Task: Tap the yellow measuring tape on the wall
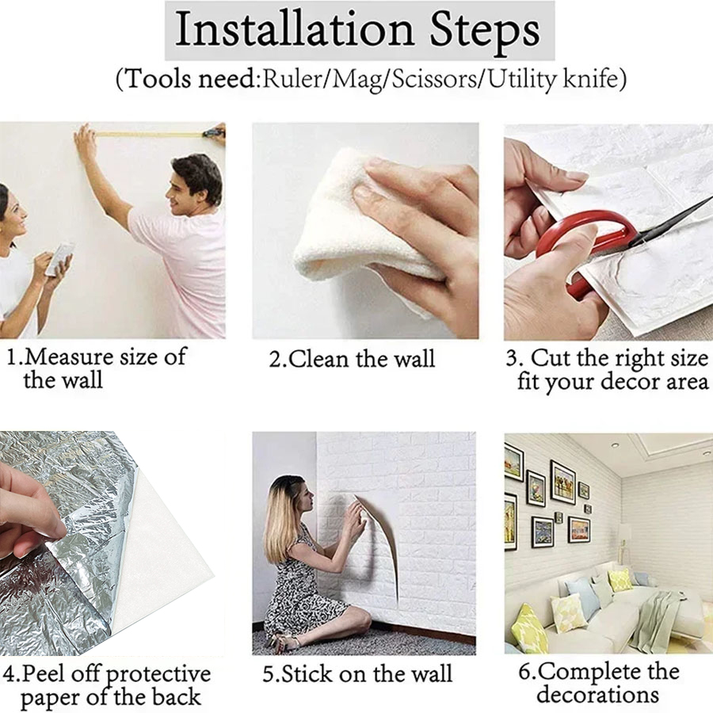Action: coord(151,135)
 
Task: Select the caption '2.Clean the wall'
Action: coord(352,359)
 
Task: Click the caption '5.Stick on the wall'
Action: coord(357,674)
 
